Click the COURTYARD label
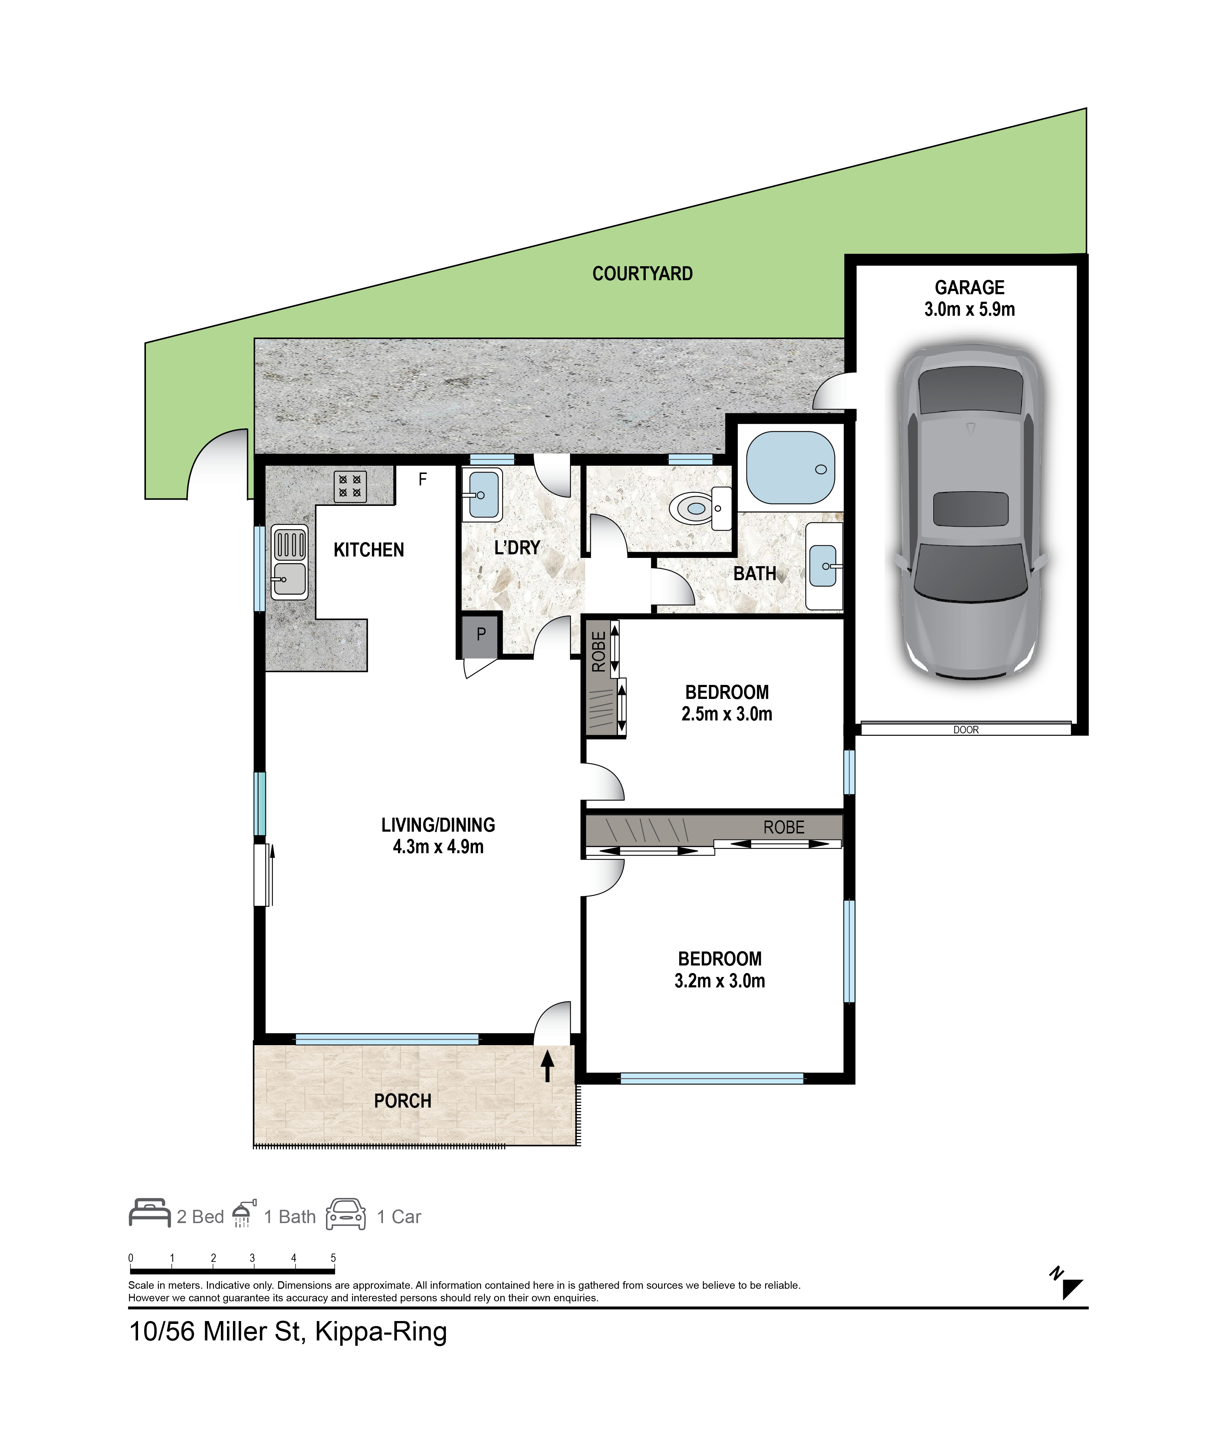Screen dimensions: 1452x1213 point(642,274)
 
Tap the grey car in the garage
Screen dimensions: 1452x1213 point(970,512)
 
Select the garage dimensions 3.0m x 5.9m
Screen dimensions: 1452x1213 point(969,309)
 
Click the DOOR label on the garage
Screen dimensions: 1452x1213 point(966,729)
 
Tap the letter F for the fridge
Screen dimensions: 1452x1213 point(422,479)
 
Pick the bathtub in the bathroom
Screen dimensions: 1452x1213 point(790,468)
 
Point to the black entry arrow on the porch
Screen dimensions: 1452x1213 point(547,1066)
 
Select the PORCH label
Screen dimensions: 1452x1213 point(402,1101)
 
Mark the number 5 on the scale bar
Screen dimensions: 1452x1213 point(333,1258)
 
